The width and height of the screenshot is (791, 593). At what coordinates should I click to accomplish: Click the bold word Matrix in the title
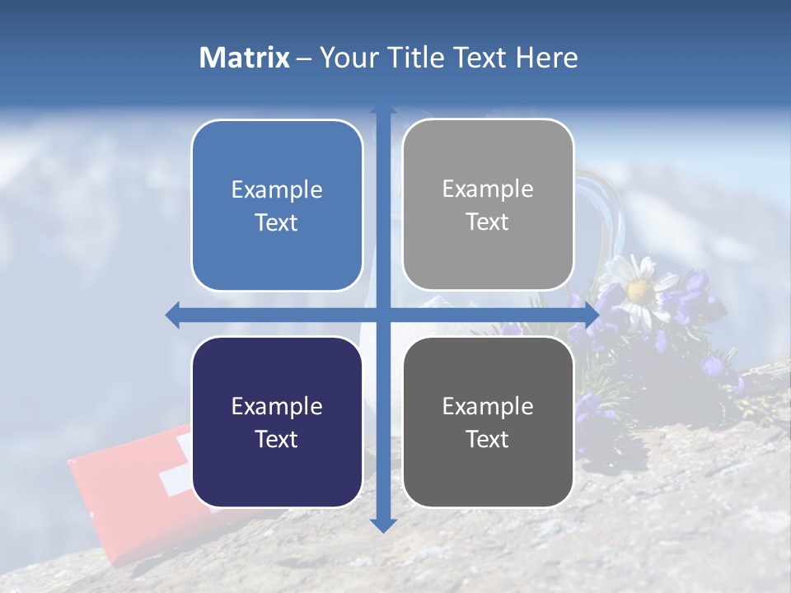[245, 58]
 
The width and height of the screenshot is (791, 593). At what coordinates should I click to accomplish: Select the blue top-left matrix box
[277, 206]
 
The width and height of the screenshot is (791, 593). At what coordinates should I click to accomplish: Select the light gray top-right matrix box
[488, 205]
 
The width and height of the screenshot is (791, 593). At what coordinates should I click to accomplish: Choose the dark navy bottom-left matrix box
[277, 422]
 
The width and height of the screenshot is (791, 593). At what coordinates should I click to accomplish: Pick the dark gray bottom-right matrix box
[488, 422]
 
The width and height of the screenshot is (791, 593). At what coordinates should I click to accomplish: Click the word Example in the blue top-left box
[277, 190]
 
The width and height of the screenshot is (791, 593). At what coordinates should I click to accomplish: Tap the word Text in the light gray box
[488, 222]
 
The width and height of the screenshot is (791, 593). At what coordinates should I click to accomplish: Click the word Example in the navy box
[277, 406]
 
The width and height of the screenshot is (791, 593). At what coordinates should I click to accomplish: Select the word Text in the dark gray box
[488, 439]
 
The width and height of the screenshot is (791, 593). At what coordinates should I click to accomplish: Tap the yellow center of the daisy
[639, 290]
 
